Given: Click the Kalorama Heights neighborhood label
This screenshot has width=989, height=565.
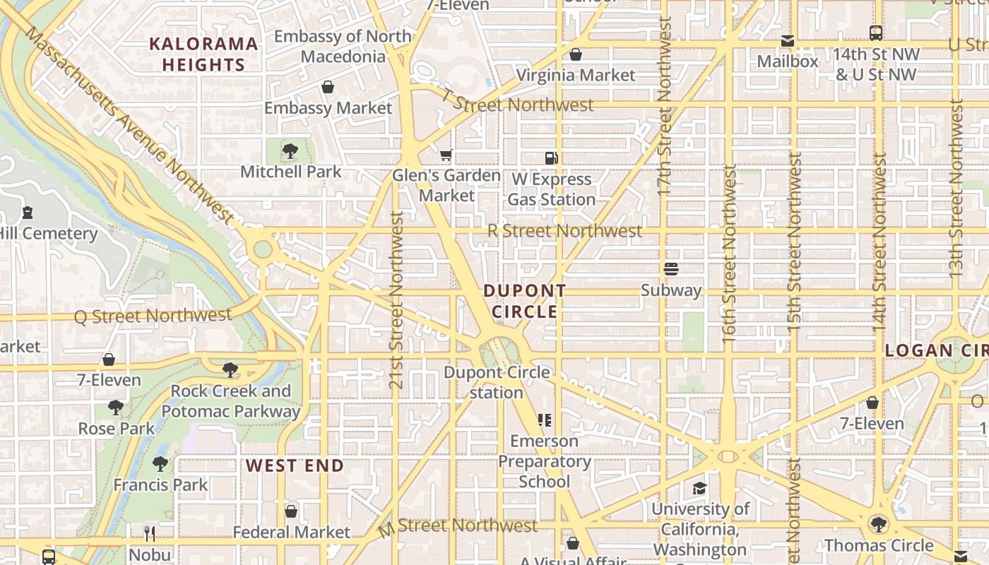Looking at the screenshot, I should pos(203,54).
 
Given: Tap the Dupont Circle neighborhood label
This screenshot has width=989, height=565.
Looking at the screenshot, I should pos(525,302).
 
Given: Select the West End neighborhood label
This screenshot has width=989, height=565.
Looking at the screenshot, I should pos(295,465).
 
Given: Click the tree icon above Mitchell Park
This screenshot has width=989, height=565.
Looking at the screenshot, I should pos(290,150).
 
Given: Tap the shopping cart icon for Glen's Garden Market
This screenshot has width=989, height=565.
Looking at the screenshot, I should pos(446,155).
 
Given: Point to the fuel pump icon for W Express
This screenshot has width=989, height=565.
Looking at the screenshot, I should pos(551,158).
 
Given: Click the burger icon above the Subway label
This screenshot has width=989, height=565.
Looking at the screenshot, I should pos(670,269).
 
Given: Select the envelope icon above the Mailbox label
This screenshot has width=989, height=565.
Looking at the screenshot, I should pos(788,41).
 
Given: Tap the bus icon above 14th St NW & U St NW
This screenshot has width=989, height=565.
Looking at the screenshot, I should pos(876,32).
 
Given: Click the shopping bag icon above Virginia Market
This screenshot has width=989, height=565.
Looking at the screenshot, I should pos(576,54).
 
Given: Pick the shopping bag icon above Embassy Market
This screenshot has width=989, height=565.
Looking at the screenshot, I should pos(328,87).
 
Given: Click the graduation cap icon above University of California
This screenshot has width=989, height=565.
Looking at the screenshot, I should pos(699,488).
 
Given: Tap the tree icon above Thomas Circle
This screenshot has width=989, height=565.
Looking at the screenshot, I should pos(879,524).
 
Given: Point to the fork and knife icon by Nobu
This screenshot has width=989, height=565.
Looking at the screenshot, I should pos(149,533).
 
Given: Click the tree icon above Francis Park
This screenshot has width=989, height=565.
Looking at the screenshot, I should pos(160,463).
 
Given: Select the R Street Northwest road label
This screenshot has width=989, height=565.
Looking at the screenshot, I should pos(564,231).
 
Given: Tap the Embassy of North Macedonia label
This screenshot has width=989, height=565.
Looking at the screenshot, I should pos(343,46).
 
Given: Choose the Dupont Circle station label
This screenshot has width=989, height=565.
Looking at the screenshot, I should pos(497,382).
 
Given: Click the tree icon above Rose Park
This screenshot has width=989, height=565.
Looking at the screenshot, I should pos(116,408).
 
